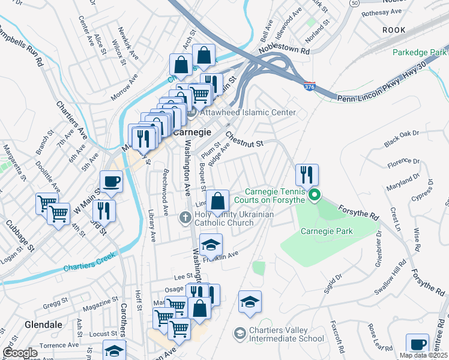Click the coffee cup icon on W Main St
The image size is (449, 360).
[111, 181]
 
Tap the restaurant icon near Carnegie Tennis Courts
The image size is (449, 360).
[307, 175]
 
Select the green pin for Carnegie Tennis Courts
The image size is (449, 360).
[313, 194]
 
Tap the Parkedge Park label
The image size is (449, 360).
[418, 52]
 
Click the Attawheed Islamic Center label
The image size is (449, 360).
[249, 112]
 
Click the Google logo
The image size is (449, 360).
[20, 353]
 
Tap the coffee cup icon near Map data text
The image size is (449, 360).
[418, 345]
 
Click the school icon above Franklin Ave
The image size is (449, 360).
[211, 244]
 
